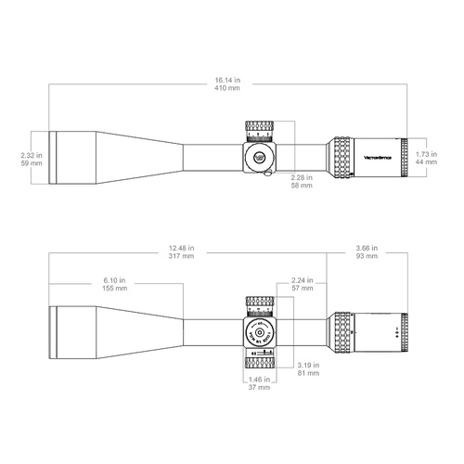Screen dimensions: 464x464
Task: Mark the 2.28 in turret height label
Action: pyautogui.click(x=300, y=177)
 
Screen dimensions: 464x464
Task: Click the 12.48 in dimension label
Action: pyautogui.click(x=182, y=248)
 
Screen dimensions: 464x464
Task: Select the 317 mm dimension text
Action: pyautogui.click(x=182, y=257)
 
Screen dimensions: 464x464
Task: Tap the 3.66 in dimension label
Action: pyautogui.click(x=367, y=248)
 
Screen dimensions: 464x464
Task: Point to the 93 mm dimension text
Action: pyautogui.click(x=367, y=257)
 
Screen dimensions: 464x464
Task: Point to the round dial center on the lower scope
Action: pyautogui.click(x=261, y=332)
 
